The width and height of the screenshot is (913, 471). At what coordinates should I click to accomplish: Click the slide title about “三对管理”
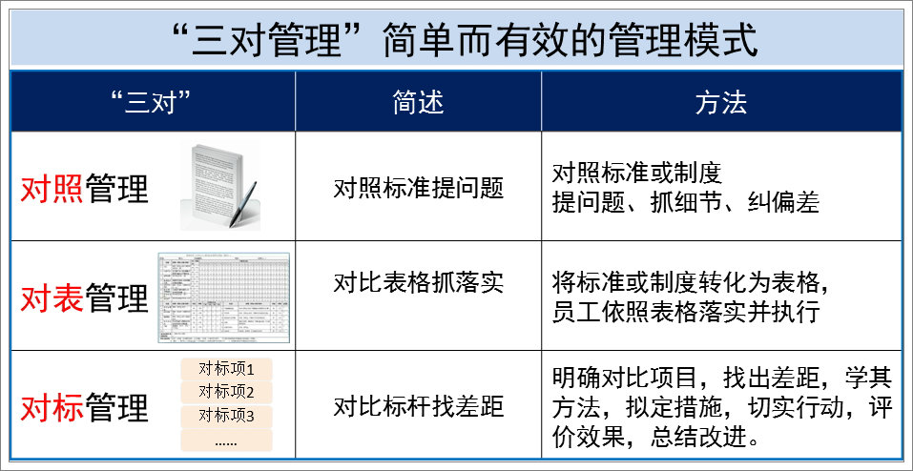pos(456,39)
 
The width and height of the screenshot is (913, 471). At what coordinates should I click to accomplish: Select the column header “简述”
pos(418,102)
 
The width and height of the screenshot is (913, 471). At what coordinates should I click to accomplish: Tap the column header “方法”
pos(721,102)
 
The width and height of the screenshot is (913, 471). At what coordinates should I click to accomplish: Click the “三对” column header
pos(153,102)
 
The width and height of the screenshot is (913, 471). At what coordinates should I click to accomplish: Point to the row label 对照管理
pos(85,189)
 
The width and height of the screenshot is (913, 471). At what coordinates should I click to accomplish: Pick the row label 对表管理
pos(85,297)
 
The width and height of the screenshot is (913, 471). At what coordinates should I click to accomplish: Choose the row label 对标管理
pos(85,407)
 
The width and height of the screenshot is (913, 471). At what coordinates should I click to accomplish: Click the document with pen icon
pos(220,185)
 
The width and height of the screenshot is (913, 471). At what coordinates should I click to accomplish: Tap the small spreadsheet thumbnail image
pos(223,297)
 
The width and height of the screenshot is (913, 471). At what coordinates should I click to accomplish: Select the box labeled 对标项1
pos(226,369)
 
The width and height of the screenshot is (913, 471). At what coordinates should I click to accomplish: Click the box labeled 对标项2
pos(226,392)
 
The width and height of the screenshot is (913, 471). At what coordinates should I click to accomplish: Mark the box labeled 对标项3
pos(226,416)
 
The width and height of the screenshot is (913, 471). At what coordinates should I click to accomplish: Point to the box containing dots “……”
pos(226,440)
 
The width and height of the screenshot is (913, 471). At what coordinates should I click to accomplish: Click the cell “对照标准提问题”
pos(418,188)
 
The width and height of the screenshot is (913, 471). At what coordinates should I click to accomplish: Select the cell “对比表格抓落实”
pos(418,282)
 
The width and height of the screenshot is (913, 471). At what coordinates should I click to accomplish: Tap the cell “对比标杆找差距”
pos(418,407)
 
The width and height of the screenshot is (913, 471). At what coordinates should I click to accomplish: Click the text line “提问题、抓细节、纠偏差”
pos(686,203)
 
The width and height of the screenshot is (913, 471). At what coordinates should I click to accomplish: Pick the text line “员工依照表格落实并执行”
pos(686,312)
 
